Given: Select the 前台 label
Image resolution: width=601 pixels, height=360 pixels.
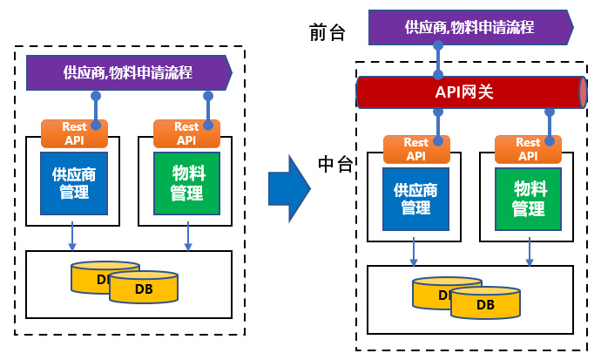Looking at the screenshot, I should (328, 33).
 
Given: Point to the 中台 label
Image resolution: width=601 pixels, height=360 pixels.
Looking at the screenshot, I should (335, 165).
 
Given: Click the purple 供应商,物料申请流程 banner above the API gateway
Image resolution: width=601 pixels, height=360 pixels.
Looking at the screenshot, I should (469, 27).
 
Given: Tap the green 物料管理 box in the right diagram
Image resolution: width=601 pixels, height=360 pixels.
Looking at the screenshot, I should (528, 199).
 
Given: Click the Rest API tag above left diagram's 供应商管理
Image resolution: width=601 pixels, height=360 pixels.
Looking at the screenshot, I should (75, 133).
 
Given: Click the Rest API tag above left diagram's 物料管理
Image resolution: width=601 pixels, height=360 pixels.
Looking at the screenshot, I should (186, 133).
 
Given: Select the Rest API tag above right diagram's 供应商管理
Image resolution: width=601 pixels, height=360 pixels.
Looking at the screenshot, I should (416, 149).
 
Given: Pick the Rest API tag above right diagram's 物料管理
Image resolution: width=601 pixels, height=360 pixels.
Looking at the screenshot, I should (528, 149).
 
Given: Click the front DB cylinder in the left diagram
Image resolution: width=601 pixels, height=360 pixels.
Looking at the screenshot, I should (144, 288).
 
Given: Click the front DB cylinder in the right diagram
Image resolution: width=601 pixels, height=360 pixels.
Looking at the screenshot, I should (485, 303).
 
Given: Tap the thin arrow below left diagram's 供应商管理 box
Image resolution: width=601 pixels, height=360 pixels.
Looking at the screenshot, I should (72, 234).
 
